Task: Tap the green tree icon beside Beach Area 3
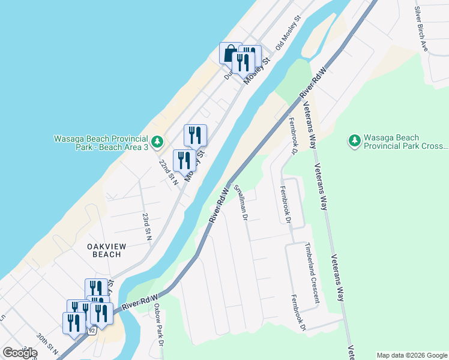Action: click(157, 142)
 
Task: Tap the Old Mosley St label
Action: click(288, 34)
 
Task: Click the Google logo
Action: click(20, 353)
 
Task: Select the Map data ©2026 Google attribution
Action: click(412, 355)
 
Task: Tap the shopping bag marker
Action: click(230, 53)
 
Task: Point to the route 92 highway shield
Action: click(91, 331)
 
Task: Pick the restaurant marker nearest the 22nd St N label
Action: click(184, 161)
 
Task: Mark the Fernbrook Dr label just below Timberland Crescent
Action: click(299, 313)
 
